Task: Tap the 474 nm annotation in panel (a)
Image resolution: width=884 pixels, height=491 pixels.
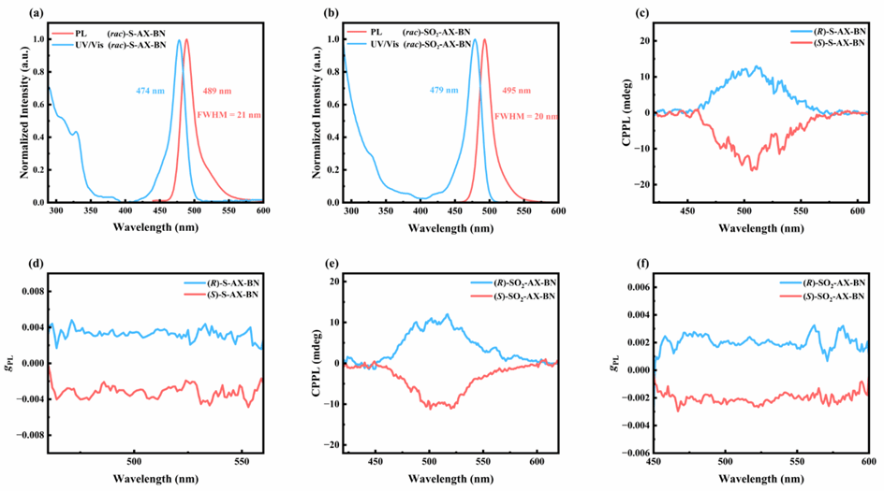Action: (x=147, y=92)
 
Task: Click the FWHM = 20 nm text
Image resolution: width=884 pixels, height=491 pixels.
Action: (x=524, y=114)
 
